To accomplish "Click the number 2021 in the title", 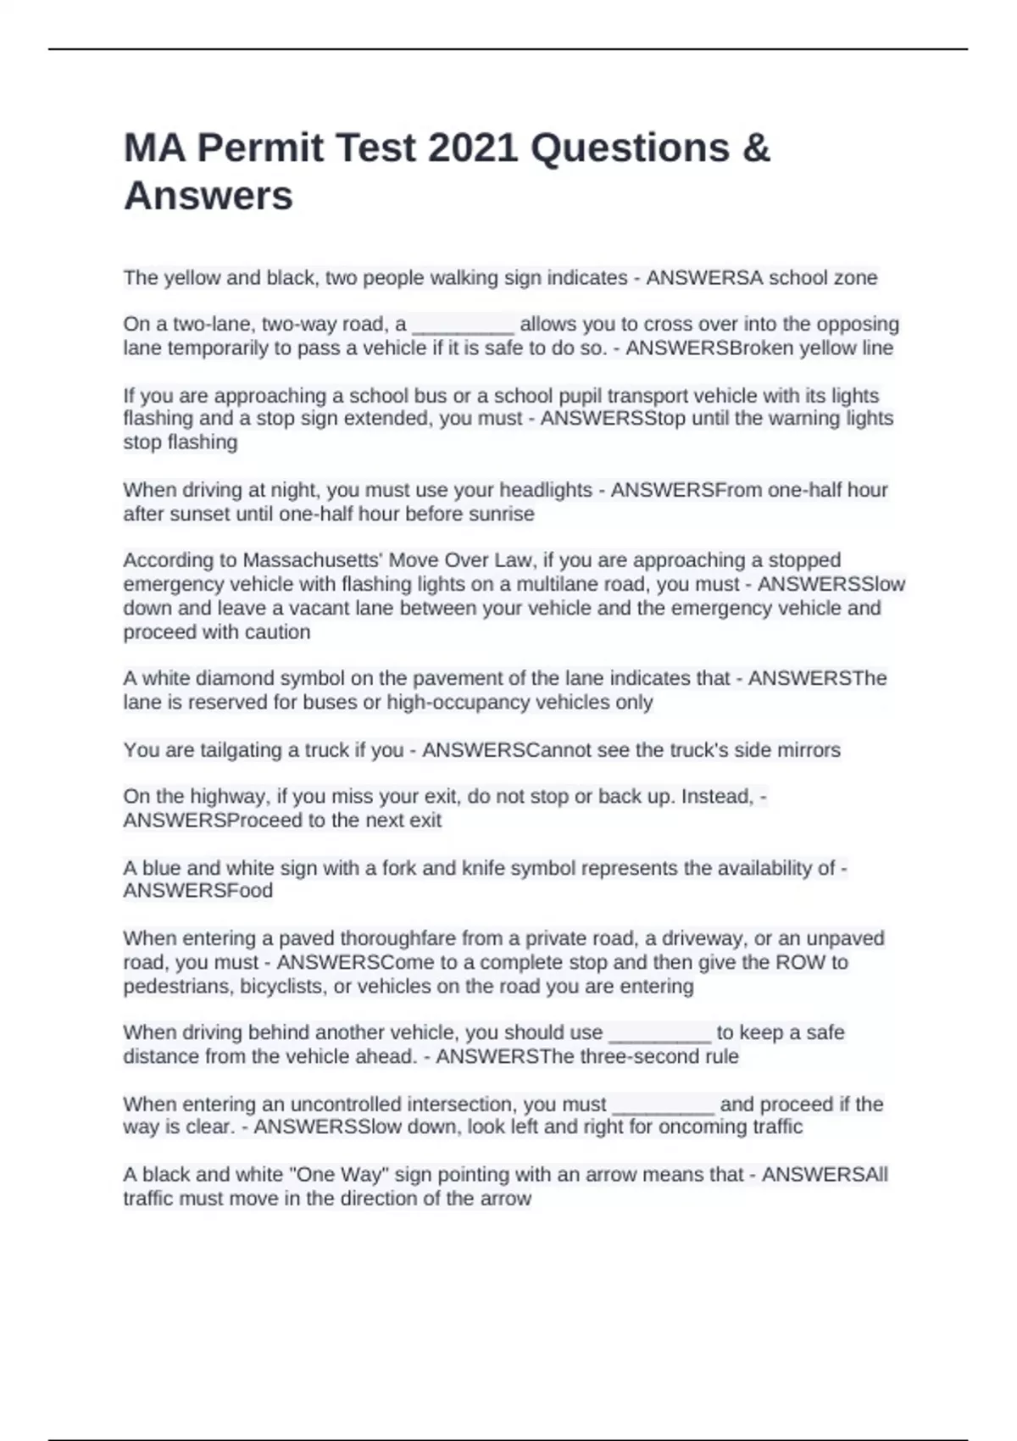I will coord(473,148).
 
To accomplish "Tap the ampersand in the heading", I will coord(756,148).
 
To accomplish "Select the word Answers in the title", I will coord(208,196).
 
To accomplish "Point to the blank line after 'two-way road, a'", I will coord(463,325).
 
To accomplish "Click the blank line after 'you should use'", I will coord(660,1033).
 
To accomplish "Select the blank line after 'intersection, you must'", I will coord(663,1105).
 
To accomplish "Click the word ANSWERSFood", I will coord(198,891).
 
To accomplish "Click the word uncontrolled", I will coord(346,1104).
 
